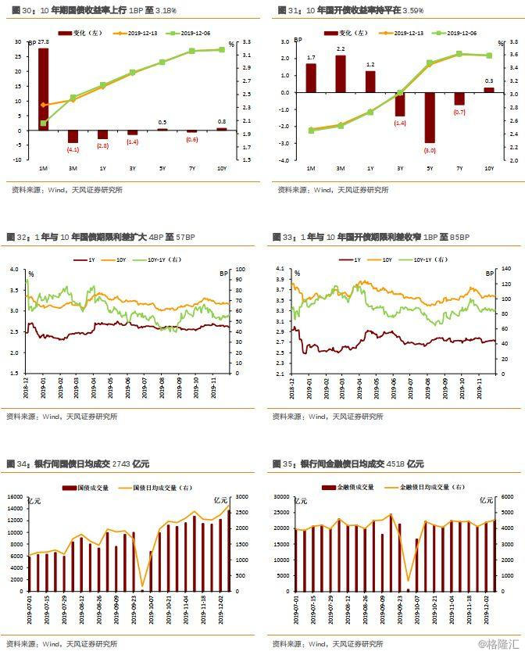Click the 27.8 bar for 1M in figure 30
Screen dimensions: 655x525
pyautogui.click(x=43, y=88)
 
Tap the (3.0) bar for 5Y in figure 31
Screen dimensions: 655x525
pyautogui.click(x=430, y=117)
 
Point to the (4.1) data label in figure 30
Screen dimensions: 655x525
pyautogui.click(x=73, y=149)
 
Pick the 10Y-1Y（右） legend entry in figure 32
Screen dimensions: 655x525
pyautogui.click(x=165, y=259)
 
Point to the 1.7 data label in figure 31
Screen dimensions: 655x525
pyautogui.click(x=311, y=58)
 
